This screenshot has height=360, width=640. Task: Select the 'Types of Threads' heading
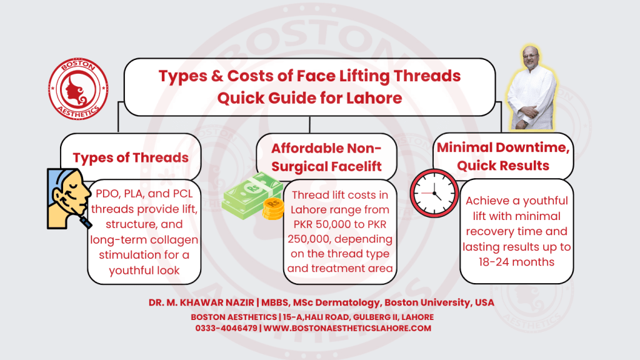point(131,158)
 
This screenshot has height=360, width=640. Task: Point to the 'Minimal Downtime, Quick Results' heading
point(502,156)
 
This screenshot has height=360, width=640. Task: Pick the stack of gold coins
point(272,209)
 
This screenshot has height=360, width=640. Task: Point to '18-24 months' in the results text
point(516,262)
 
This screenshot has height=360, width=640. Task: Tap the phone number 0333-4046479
point(227,328)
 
